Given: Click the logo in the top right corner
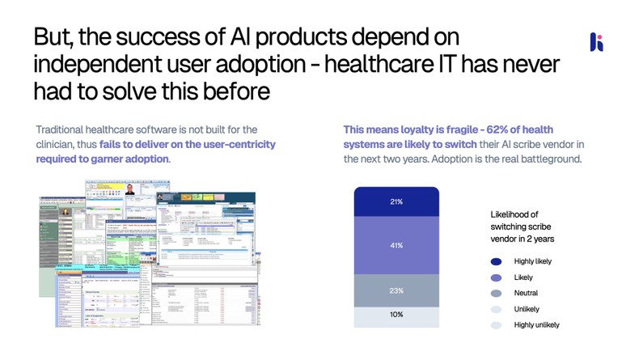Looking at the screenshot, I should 596,42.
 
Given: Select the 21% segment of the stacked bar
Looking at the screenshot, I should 396,201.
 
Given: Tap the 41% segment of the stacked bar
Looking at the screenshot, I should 396,245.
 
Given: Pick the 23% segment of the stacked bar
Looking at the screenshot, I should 396,290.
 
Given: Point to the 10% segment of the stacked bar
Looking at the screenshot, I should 396,315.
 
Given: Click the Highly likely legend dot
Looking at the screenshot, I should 496,261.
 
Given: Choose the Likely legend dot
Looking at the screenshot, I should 496,277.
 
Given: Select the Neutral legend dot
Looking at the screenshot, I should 496,293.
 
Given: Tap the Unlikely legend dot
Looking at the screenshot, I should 496,309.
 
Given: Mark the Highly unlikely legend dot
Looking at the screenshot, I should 496,325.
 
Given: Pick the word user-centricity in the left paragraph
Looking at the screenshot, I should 236,144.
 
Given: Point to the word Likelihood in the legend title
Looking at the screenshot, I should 511,214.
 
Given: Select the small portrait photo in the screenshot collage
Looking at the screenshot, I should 129,190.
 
